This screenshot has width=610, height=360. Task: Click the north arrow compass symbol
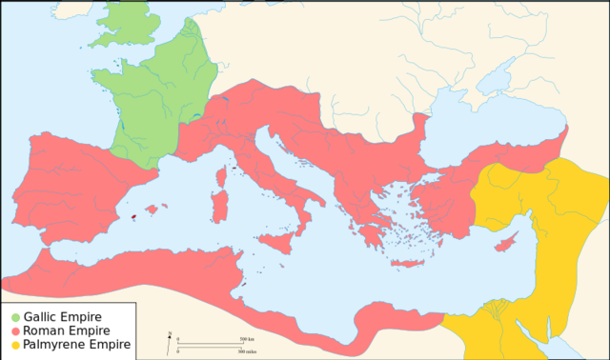(x=170, y=336)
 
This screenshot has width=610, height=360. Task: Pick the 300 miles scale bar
(x=211, y=350)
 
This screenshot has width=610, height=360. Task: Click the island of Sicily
(x=279, y=241)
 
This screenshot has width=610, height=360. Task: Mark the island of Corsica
(x=224, y=198)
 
